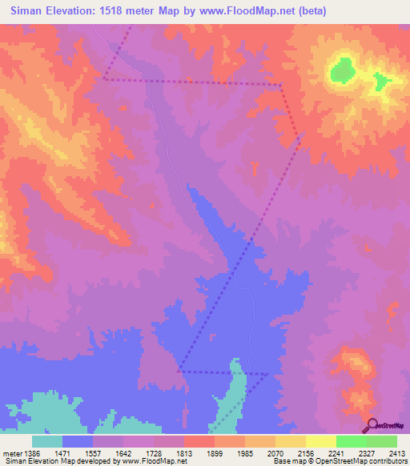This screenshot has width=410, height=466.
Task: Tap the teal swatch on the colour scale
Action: coord(47,441)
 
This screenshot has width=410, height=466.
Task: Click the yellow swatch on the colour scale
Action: coord(320,441)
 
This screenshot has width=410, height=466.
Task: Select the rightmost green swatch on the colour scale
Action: coord(381,441)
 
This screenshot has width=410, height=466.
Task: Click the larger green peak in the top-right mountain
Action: coord(342,70)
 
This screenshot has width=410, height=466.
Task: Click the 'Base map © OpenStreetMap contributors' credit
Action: coord(340,462)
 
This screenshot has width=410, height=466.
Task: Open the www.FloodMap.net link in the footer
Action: coord(154,462)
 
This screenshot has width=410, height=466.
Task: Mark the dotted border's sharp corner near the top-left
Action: coord(104,78)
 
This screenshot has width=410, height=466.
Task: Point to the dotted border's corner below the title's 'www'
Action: coord(279,84)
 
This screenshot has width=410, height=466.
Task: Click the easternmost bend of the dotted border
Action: coord(303,134)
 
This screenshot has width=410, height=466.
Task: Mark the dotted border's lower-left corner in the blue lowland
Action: coord(179,371)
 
